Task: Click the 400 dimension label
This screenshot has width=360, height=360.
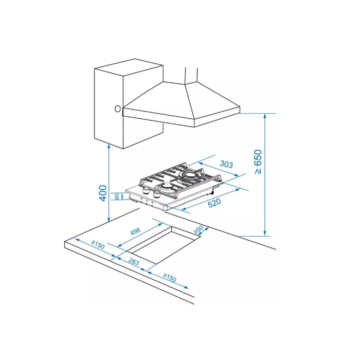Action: coord(103,193)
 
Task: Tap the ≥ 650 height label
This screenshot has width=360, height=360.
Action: coord(258,161)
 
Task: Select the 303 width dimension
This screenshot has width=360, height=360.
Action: coord(226,165)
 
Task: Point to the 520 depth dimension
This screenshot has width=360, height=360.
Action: coord(214,203)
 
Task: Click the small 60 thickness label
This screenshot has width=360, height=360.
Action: coord(117,196)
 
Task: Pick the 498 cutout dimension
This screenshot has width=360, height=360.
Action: coord(135,231)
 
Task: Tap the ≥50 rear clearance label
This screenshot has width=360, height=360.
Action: coord(199,229)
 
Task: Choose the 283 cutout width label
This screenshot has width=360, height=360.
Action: coord(134,261)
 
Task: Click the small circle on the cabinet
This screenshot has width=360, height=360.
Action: coord(118,109)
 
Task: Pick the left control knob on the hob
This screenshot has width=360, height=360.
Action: coord(146,191)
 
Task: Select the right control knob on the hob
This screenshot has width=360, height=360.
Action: coord(157,194)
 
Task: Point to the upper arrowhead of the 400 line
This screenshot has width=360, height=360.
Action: coord(109,147)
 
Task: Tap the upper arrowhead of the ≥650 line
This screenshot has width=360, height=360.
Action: coord(265,116)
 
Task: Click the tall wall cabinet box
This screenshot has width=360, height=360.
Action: coord(129,104)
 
